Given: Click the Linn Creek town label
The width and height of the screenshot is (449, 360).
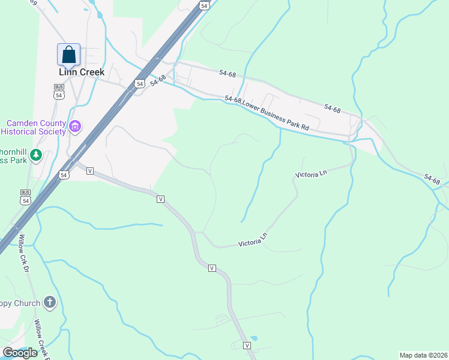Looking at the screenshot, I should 82,72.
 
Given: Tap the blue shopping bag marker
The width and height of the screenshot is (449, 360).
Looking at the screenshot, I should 69,55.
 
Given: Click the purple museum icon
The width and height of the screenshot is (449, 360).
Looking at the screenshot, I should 75,127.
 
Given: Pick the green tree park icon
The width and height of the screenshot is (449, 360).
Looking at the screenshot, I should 36,155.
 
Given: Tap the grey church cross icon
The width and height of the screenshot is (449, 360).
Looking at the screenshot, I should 50,303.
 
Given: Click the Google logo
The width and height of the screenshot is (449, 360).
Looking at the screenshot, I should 20,353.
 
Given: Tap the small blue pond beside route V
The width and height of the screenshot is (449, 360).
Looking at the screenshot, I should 254,339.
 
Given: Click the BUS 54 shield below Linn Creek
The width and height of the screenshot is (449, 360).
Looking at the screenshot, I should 59,92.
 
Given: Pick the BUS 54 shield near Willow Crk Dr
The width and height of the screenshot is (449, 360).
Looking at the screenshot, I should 25,197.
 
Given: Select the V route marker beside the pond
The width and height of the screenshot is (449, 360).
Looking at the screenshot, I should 247,345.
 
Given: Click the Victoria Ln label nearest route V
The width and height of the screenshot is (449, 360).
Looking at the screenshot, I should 252,242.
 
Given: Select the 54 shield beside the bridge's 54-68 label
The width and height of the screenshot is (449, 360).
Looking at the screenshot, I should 140,84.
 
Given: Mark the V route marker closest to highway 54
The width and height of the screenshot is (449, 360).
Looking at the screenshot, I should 90,171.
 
